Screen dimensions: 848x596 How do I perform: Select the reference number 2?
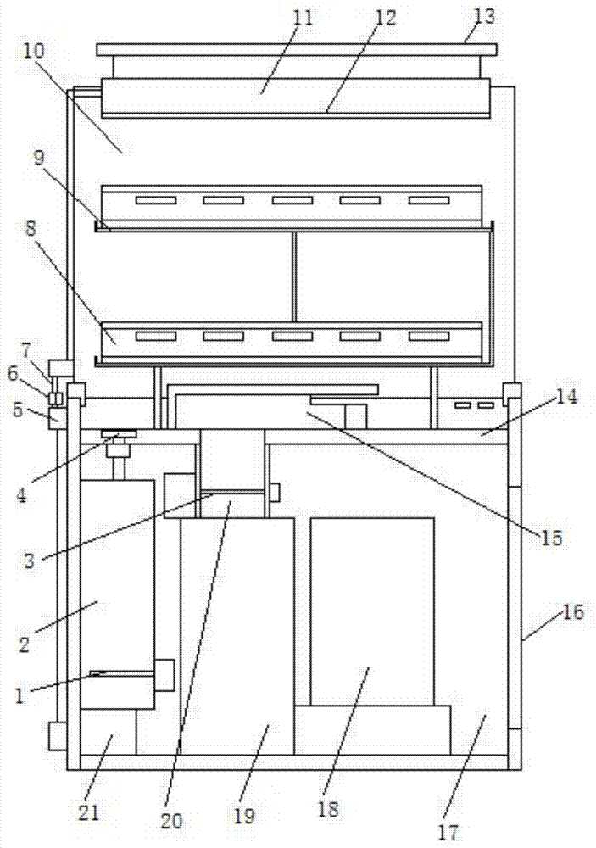tap(24, 644)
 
